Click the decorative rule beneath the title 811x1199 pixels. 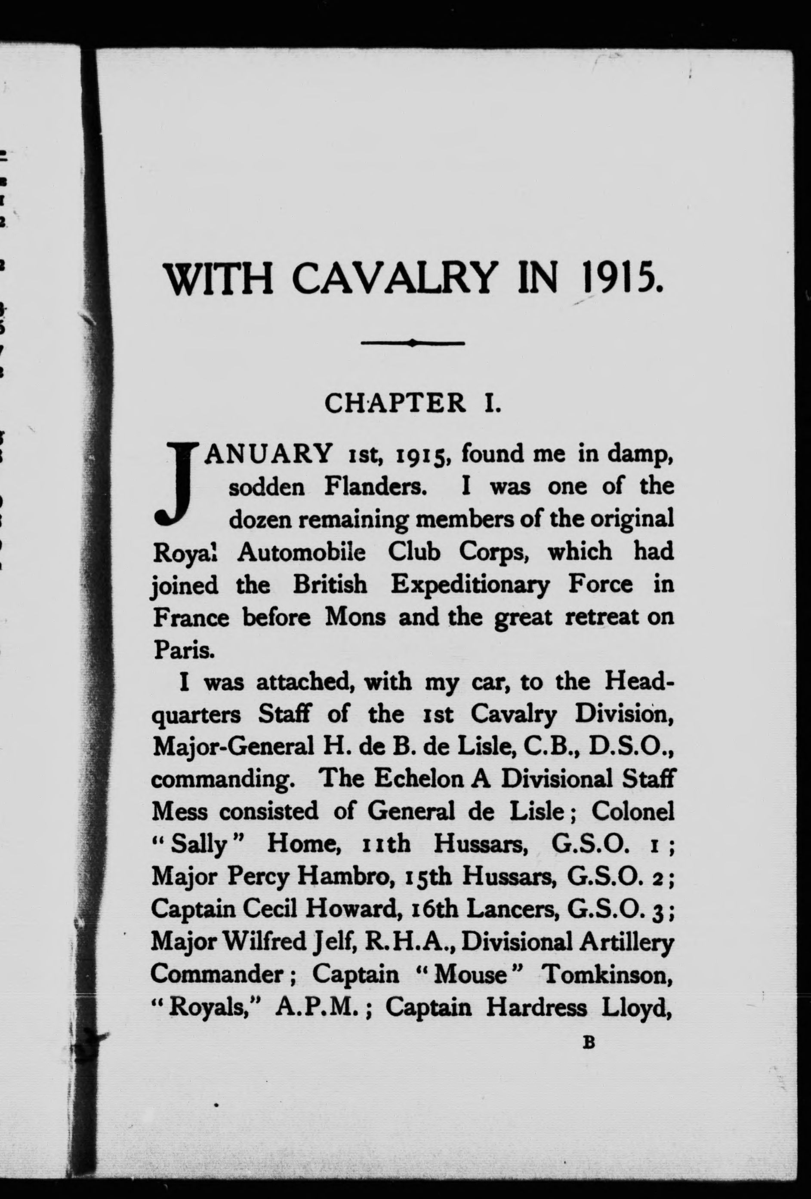coord(413,343)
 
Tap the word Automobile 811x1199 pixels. coord(302,552)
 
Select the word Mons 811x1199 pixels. coord(354,618)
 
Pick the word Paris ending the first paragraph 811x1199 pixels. coord(176,650)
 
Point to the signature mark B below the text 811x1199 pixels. coord(589,1043)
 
